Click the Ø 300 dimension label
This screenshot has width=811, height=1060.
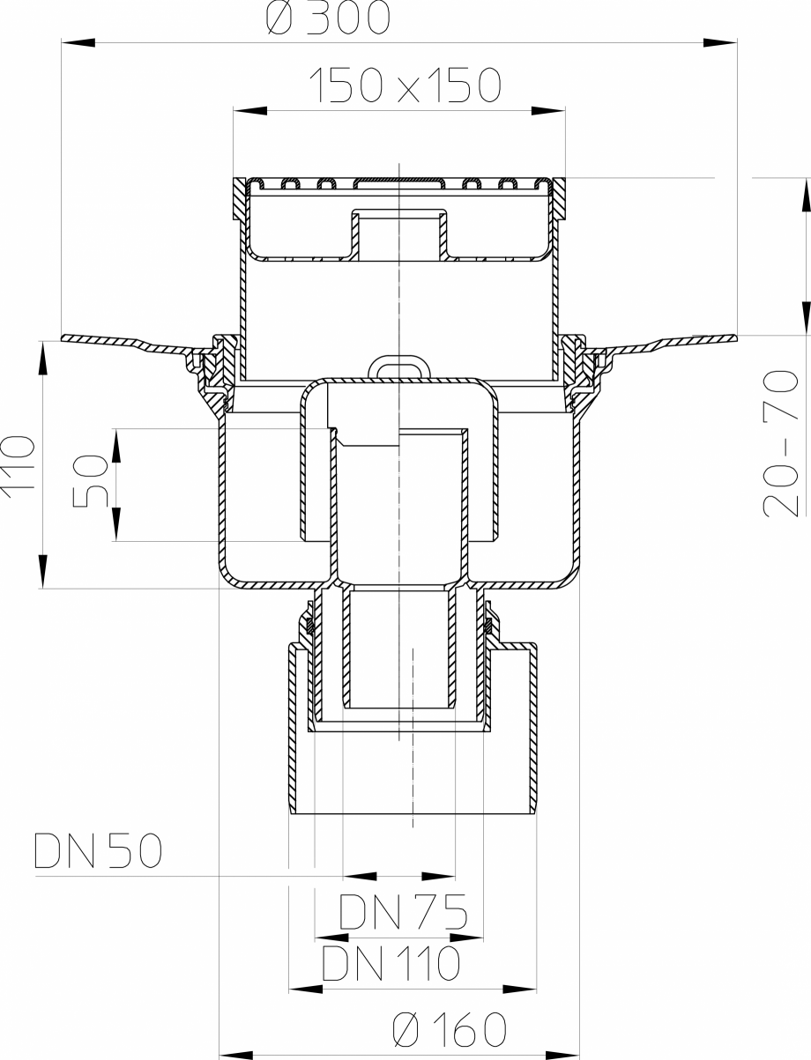tap(327, 19)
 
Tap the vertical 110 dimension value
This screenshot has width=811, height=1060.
tap(19, 467)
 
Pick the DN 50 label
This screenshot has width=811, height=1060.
tap(98, 851)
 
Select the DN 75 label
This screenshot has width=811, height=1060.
tap(402, 914)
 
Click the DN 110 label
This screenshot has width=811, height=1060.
tap(391, 964)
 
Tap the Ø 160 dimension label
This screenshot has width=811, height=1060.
tap(449, 1028)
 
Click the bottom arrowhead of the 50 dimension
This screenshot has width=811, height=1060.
tap(115, 530)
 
